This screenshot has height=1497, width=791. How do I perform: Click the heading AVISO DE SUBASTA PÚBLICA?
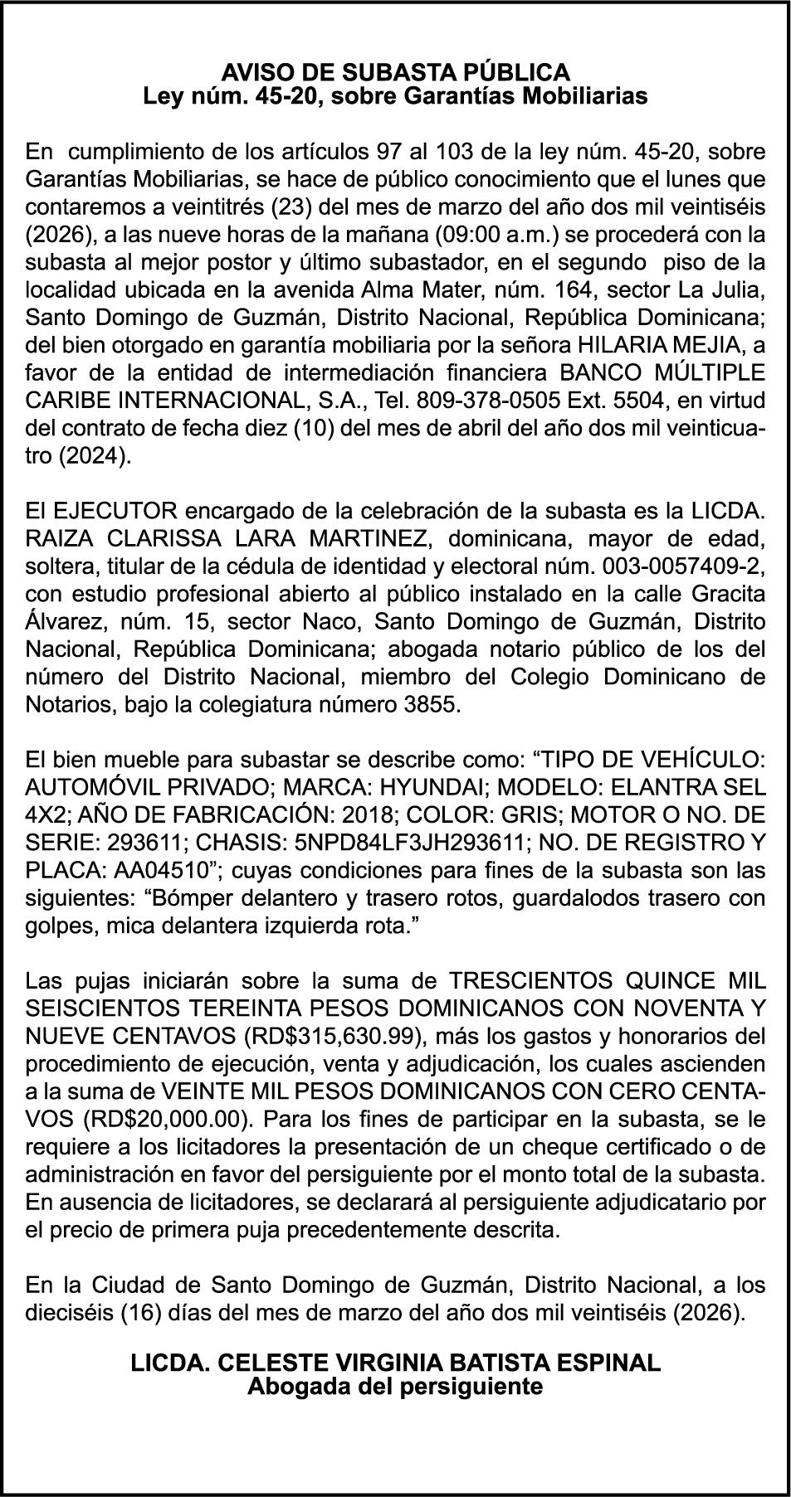point(395,71)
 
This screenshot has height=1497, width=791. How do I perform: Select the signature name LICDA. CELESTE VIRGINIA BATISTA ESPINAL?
point(395,1363)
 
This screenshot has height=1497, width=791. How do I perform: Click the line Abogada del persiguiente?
point(395,1386)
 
